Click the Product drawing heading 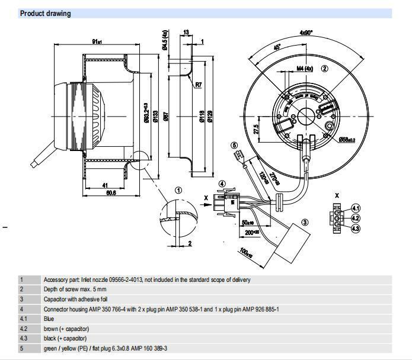coord(45,13)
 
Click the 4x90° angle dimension coord(305,33)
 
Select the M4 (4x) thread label coord(306,69)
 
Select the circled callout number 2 coord(324,69)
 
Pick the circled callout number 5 coord(234,145)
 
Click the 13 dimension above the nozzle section coord(186,33)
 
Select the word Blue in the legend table coord(49,318)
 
